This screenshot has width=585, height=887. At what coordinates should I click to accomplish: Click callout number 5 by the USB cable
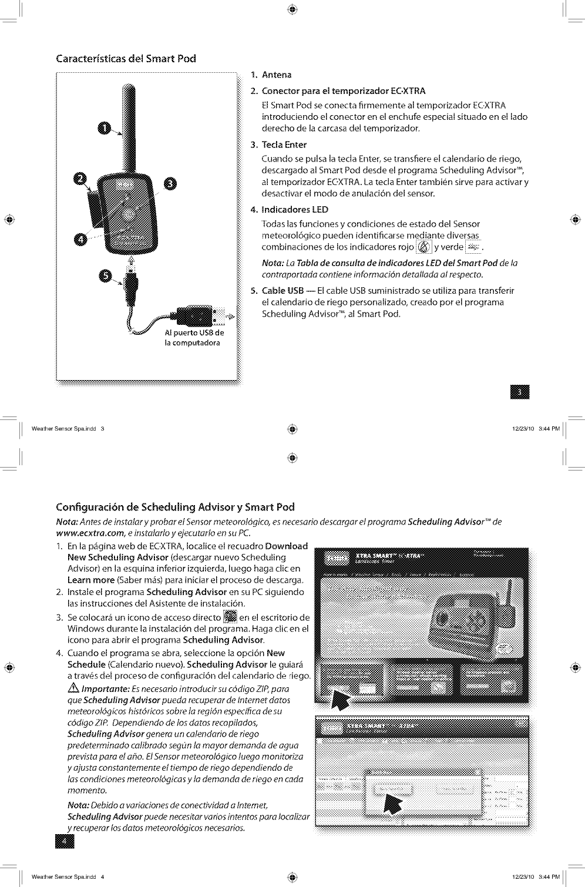coord(106,277)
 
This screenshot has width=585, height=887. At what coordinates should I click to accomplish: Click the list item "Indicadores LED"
coord(294,210)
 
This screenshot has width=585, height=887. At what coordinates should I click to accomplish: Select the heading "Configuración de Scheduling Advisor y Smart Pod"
coord(175,507)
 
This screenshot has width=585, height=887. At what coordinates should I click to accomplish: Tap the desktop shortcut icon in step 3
coord(230,617)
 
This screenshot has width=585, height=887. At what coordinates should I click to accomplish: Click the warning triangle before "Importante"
coord(73,689)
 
